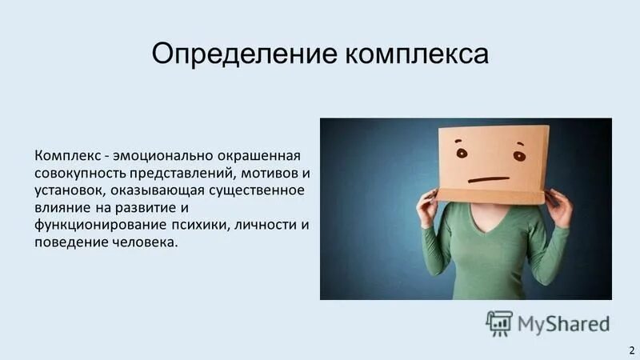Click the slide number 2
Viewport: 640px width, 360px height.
click(x=630, y=350)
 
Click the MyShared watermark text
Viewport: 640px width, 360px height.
click(x=563, y=323)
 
